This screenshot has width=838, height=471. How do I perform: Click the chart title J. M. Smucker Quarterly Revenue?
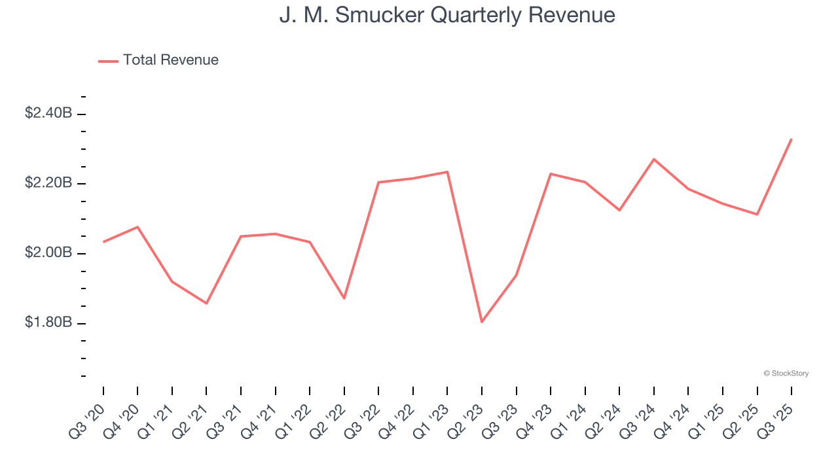[447, 15]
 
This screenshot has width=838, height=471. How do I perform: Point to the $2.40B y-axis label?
[48, 113]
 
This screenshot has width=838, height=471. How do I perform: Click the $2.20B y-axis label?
[48, 183]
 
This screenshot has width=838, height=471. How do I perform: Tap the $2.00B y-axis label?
[48, 253]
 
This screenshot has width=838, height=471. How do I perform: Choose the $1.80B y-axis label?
[48, 323]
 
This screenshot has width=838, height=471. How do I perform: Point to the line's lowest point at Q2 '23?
[482, 322]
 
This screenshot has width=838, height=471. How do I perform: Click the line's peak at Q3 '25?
[792, 139]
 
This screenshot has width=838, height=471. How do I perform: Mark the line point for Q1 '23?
[447, 172]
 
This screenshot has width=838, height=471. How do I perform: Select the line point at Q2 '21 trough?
[206, 304]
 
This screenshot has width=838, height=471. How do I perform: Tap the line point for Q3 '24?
[654, 159]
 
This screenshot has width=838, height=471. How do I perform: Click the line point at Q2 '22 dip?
[344, 298]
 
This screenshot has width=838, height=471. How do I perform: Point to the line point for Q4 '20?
[137, 227]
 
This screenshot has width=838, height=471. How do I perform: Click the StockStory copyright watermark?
[786, 374]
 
